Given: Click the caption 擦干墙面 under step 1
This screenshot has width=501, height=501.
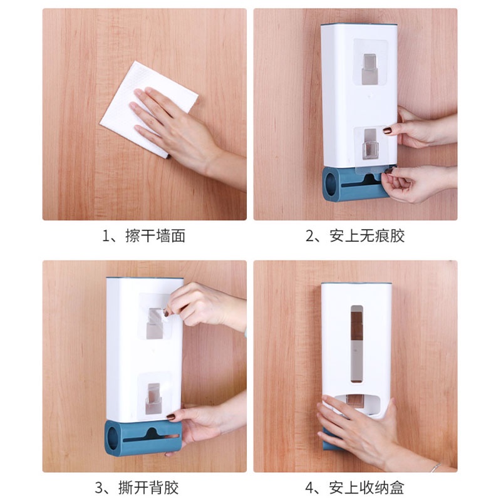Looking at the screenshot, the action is coord(155,236).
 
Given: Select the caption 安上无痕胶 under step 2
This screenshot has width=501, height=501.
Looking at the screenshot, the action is coord(367,236).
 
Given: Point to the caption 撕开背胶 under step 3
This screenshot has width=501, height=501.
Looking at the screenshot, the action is coord(148,488).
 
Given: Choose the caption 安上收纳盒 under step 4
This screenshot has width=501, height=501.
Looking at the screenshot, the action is coord(366,488).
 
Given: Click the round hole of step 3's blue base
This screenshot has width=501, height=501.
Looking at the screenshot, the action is coord(113,438).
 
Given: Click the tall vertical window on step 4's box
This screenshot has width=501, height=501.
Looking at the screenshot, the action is coord(357,344).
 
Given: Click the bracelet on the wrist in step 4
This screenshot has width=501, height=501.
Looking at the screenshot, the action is coord(435,467).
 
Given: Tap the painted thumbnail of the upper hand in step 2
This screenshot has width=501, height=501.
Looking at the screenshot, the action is coord(388,131).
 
